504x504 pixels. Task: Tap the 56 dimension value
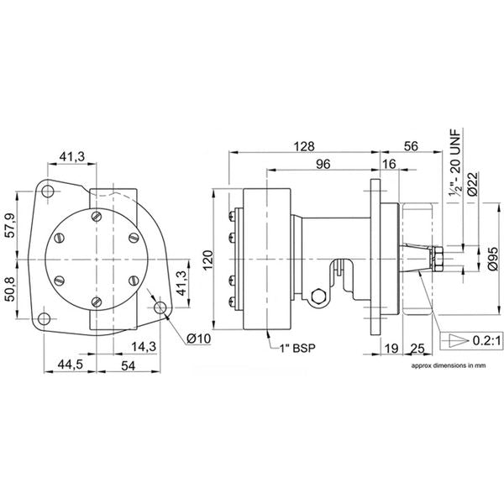coord(412,145)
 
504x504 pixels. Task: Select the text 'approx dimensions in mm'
coord(448,367)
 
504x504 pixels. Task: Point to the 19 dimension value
coord(391,346)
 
